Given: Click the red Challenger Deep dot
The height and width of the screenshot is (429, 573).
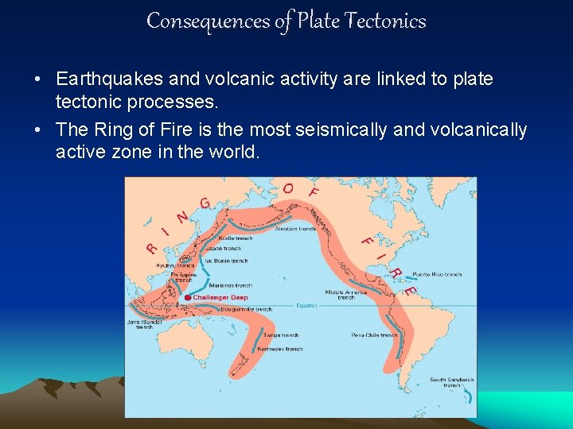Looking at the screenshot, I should click(x=188, y=298).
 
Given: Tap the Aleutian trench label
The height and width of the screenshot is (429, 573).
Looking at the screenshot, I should click(x=296, y=228).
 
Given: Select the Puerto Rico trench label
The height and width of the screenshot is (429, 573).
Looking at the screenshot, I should click(x=437, y=275).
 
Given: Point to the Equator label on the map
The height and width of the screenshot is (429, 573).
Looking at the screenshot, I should click(x=307, y=305).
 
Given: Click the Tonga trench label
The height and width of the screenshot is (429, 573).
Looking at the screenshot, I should click(x=281, y=335).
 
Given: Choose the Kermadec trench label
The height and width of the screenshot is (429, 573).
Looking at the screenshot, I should click(x=283, y=348).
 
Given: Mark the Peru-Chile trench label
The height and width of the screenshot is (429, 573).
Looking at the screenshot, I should click(x=374, y=335).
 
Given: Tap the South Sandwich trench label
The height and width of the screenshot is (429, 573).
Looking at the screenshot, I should click(x=452, y=383).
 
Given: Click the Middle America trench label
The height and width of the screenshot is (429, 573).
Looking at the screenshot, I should click(x=345, y=294).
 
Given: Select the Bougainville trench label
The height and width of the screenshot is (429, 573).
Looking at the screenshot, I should click(x=248, y=309).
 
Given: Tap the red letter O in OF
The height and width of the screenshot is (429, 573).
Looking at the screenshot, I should click(x=288, y=188).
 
